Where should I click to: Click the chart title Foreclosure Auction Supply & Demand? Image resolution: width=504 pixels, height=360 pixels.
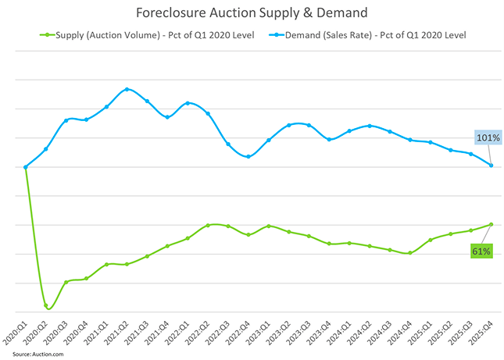coord(252,13)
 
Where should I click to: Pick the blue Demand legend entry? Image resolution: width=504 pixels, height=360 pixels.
coord(366,35)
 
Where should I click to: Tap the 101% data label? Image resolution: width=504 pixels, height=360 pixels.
coord(488,137)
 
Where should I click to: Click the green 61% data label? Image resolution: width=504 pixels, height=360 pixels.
coord(481,251)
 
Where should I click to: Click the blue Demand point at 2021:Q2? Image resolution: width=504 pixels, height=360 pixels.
coord(127,89)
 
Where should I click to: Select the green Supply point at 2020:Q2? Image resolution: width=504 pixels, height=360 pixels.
coord(45,305)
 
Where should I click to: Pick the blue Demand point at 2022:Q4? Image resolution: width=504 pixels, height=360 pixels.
coord(248,157)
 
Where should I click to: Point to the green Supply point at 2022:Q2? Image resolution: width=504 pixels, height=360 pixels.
coord(208,225)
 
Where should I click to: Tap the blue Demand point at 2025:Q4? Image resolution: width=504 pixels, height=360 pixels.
coord(491,165)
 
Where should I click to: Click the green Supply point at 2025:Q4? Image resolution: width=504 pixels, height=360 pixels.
coord(491,224)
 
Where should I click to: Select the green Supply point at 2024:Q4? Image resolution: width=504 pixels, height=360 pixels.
coord(409,253)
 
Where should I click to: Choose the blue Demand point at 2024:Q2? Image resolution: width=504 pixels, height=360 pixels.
coord(369,126)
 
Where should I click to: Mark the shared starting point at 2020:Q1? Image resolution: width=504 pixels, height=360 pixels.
coord(26,166)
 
